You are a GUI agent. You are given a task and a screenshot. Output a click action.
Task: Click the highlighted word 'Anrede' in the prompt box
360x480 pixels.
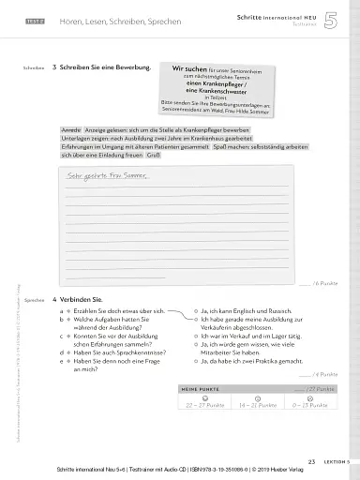[70, 129]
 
